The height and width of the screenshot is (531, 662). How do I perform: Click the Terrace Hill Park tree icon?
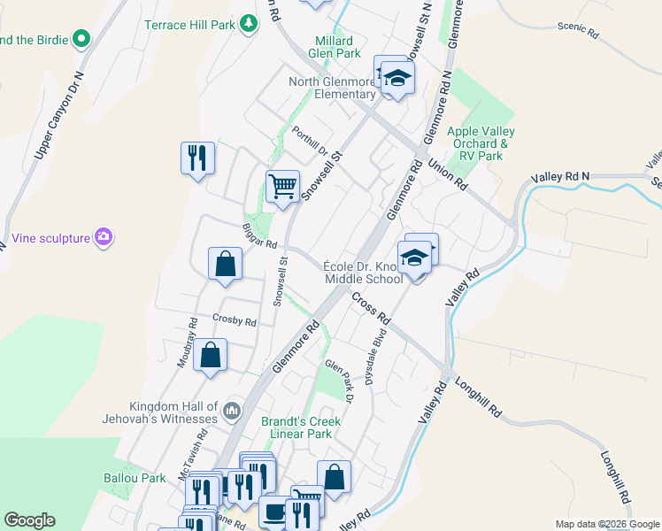(250, 25)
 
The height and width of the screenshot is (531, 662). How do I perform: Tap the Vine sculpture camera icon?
(104, 237)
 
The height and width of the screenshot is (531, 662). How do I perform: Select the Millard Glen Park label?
(335, 47)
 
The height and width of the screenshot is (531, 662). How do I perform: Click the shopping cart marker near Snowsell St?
(282, 188)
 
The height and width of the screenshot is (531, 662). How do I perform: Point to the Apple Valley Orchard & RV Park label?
(481, 143)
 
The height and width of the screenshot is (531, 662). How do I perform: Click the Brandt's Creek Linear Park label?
(296, 428)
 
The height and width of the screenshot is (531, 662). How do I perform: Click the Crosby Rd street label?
(234, 320)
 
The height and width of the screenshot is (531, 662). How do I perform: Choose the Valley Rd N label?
(560, 178)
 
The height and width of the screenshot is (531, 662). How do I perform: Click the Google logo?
(30, 520)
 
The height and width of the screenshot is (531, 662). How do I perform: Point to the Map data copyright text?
(607, 525)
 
